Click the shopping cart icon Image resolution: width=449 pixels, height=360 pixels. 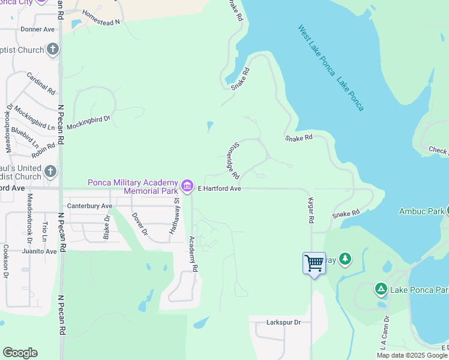click(314, 263)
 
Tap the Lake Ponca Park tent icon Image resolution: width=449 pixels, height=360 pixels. click(381, 289)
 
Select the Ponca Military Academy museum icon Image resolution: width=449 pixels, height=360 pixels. click(187, 186)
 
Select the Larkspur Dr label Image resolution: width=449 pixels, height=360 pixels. click(283, 322)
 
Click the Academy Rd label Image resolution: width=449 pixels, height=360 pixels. click(194, 254)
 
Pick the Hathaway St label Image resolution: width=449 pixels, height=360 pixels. click(177, 217)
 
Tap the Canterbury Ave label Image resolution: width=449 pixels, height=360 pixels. click(90, 206)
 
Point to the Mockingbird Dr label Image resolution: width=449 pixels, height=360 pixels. click(89, 119)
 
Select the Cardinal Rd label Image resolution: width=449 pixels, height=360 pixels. click(41, 84)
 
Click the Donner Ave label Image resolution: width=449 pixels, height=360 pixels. click(37, 29)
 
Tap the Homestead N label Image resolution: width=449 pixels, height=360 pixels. click(101, 17)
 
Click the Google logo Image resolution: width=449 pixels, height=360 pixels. click(20, 353)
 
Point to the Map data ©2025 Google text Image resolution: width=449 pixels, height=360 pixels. click(411, 355)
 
